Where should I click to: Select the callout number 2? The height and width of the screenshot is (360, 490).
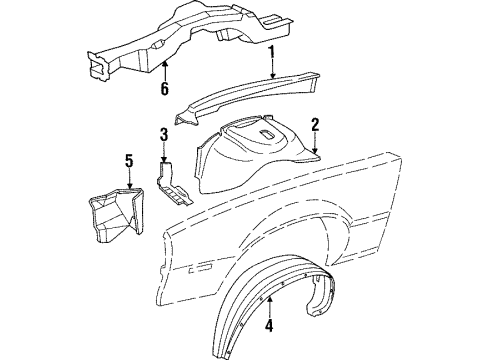coord(314,126)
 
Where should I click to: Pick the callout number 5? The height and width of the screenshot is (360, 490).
coord(128,161)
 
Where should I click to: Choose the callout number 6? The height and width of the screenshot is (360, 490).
coord(164,88)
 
